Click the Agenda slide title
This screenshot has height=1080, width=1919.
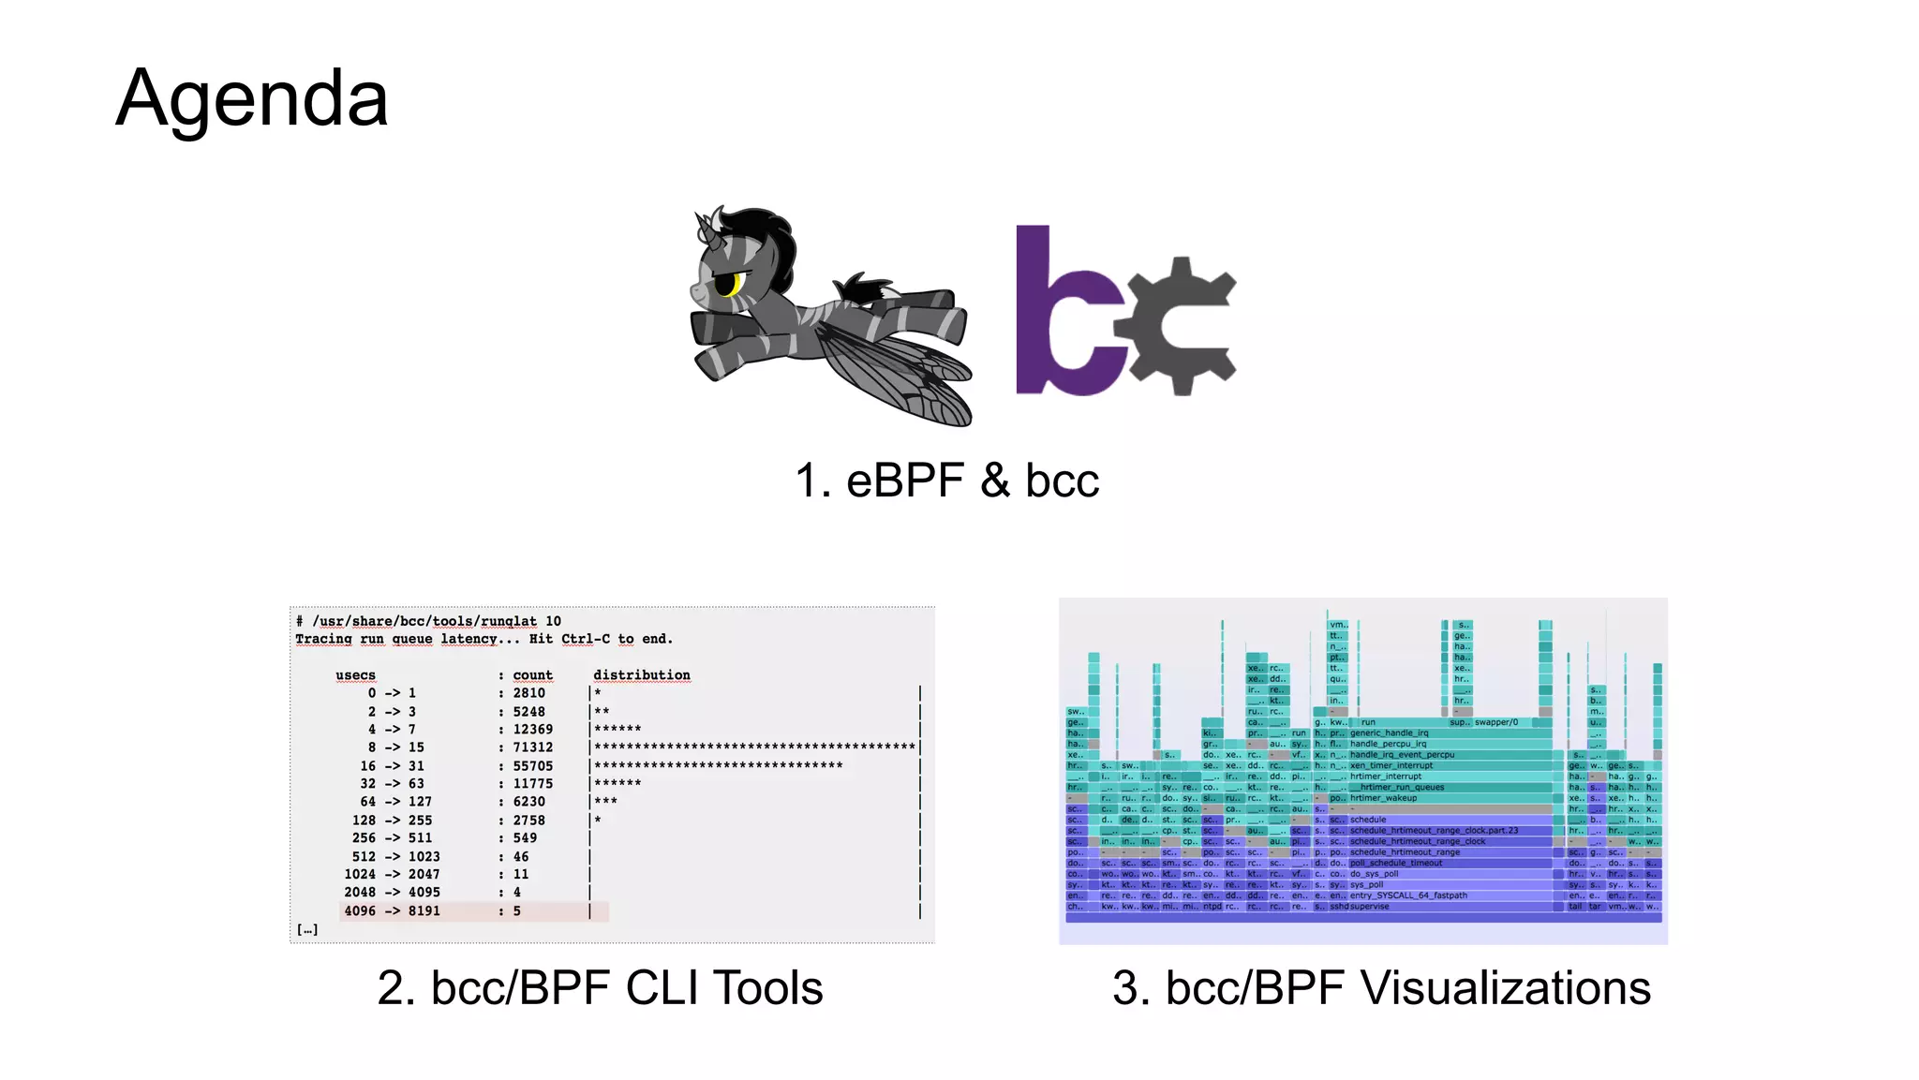click(x=251, y=98)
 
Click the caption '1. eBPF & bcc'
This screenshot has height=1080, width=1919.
click(x=946, y=481)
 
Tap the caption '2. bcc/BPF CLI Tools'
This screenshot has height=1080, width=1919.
click(x=600, y=987)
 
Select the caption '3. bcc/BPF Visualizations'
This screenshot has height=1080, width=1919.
click(x=1381, y=987)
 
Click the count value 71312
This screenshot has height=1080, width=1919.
click(x=532, y=747)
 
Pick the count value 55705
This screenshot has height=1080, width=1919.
click(x=532, y=766)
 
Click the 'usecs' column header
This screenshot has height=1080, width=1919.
click(x=355, y=675)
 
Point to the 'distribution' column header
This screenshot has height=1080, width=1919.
click(x=641, y=675)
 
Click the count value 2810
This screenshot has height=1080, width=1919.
click(x=528, y=693)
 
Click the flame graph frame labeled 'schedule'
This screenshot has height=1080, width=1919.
click(x=1368, y=820)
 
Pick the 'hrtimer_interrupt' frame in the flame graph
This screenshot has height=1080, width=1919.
click(x=1386, y=777)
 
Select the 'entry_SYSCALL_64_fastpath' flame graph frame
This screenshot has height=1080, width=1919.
click(x=1408, y=895)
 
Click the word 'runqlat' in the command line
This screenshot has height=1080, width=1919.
click(x=509, y=621)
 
